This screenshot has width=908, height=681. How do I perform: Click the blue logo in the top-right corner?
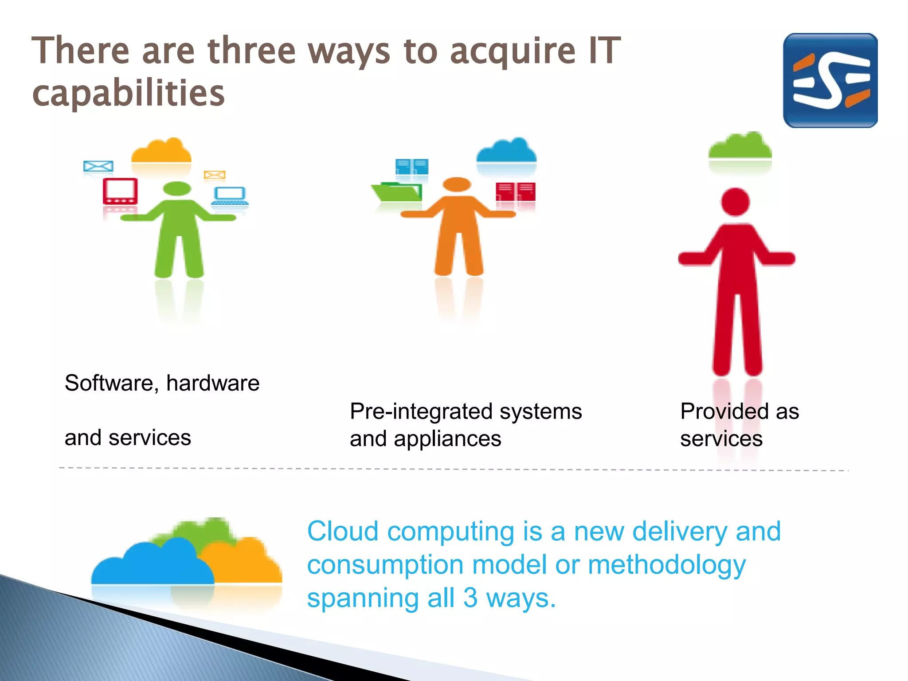tap(830, 80)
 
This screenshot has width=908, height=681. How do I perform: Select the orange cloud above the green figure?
tap(161, 151)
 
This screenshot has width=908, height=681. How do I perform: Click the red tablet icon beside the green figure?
tap(120, 191)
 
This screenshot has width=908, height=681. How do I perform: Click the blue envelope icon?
tap(98, 166)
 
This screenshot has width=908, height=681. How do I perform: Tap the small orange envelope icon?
tap(215, 175)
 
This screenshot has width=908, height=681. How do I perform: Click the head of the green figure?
tap(177, 189)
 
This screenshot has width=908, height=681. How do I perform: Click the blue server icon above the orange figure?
tap(412, 167)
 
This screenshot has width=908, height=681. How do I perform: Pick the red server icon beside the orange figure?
tap(516, 192)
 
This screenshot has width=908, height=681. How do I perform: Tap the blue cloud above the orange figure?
tap(506, 151)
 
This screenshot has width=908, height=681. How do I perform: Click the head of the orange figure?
tap(457, 184)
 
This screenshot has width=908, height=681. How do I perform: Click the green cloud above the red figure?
tap(740, 146)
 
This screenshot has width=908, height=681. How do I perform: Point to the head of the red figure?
tap(736, 202)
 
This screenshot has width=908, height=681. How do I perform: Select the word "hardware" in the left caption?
tap(213, 383)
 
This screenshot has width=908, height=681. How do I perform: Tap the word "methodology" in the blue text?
tap(667, 565)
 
